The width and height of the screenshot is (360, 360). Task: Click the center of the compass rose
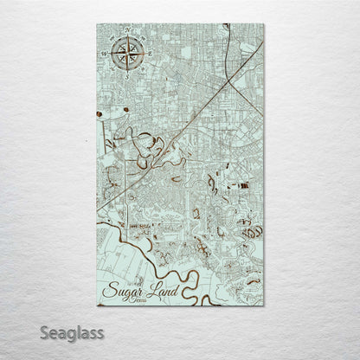[x=126, y=53]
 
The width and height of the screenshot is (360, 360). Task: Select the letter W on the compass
[x=105, y=54]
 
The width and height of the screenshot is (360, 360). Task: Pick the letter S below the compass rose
[x=127, y=75]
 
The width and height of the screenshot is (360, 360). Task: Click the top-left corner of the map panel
[x=97, y=24]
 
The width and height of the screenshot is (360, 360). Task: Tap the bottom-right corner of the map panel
[x=263, y=306]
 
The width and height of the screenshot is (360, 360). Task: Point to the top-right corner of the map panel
[x=263, y=24]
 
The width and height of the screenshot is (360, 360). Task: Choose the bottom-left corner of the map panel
[x=97, y=306]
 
